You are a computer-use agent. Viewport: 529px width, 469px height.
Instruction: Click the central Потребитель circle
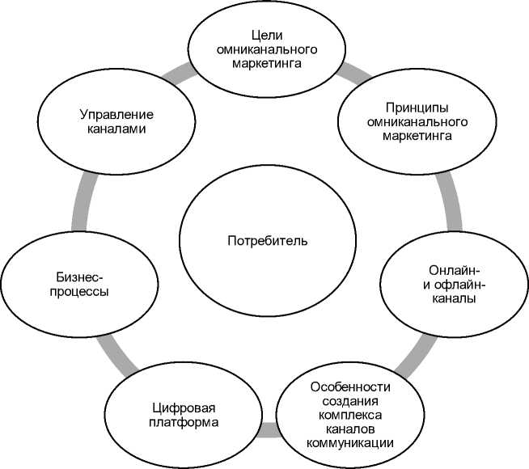click(x=267, y=240)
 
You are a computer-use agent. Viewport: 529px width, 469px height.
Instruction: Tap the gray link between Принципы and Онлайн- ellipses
click(x=450, y=202)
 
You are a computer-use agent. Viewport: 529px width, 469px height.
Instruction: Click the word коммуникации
click(x=349, y=442)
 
